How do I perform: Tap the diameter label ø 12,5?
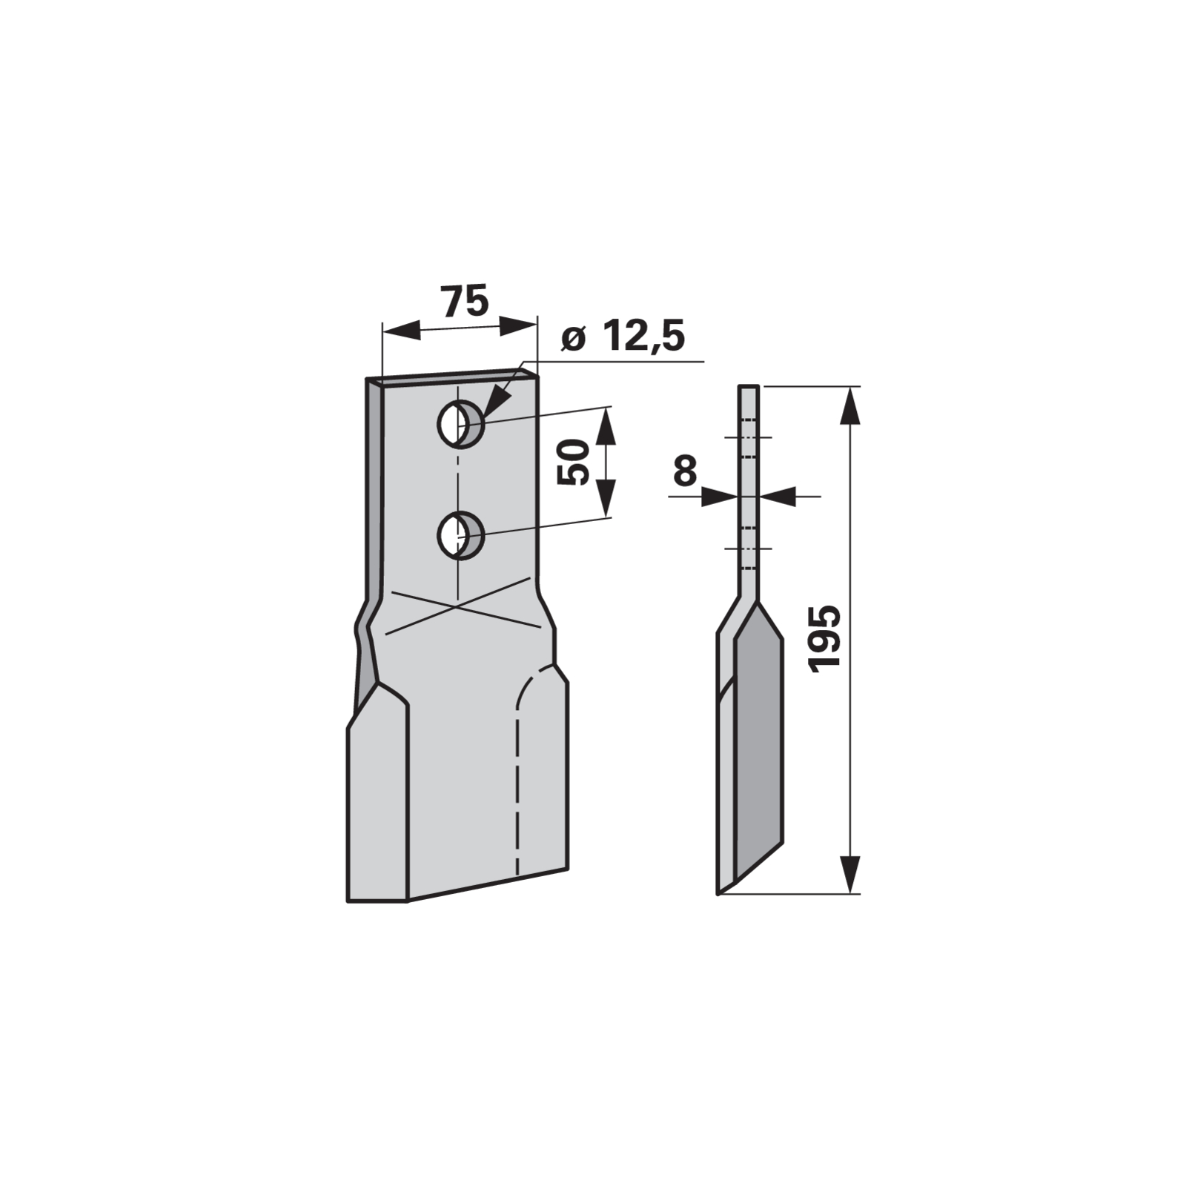pyautogui.click(x=623, y=337)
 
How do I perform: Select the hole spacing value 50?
pyautogui.click(x=573, y=462)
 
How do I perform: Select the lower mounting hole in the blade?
pyautogui.click(x=460, y=535)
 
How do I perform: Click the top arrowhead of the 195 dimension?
pyautogui.click(x=851, y=405)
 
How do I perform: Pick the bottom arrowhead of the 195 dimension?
pyautogui.click(x=851, y=874)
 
